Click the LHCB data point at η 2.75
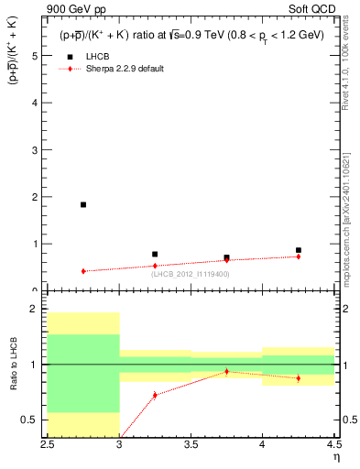83,204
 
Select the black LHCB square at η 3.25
155,254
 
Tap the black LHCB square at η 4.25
298,250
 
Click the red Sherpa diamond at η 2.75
83,271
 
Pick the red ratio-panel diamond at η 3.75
226,371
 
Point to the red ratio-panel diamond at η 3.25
155,395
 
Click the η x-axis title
336,456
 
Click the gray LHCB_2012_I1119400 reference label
191,274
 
